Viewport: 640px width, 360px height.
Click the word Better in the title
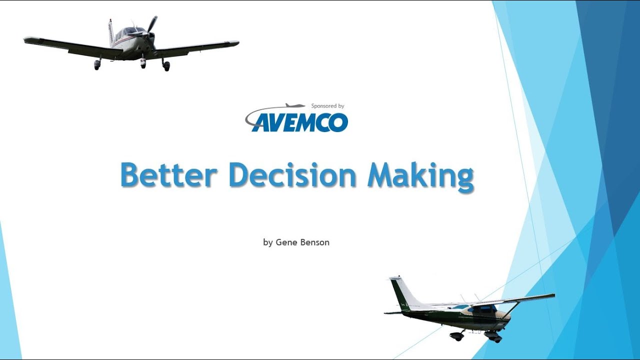pyautogui.click(x=168, y=176)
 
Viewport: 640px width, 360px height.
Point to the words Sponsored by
pyautogui.click(x=327, y=106)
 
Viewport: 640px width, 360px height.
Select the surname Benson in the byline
pyautogui.click(x=315, y=242)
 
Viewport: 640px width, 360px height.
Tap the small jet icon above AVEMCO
pyautogui.click(x=295, y=106)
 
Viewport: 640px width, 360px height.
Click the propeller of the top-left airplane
pyautogui.click(x=151, y=27)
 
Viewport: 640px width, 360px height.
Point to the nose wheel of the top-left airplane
pyautogui.click(x=143, y=63)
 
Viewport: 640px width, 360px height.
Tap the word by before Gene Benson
pyautogui.click(x=268, y=242)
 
